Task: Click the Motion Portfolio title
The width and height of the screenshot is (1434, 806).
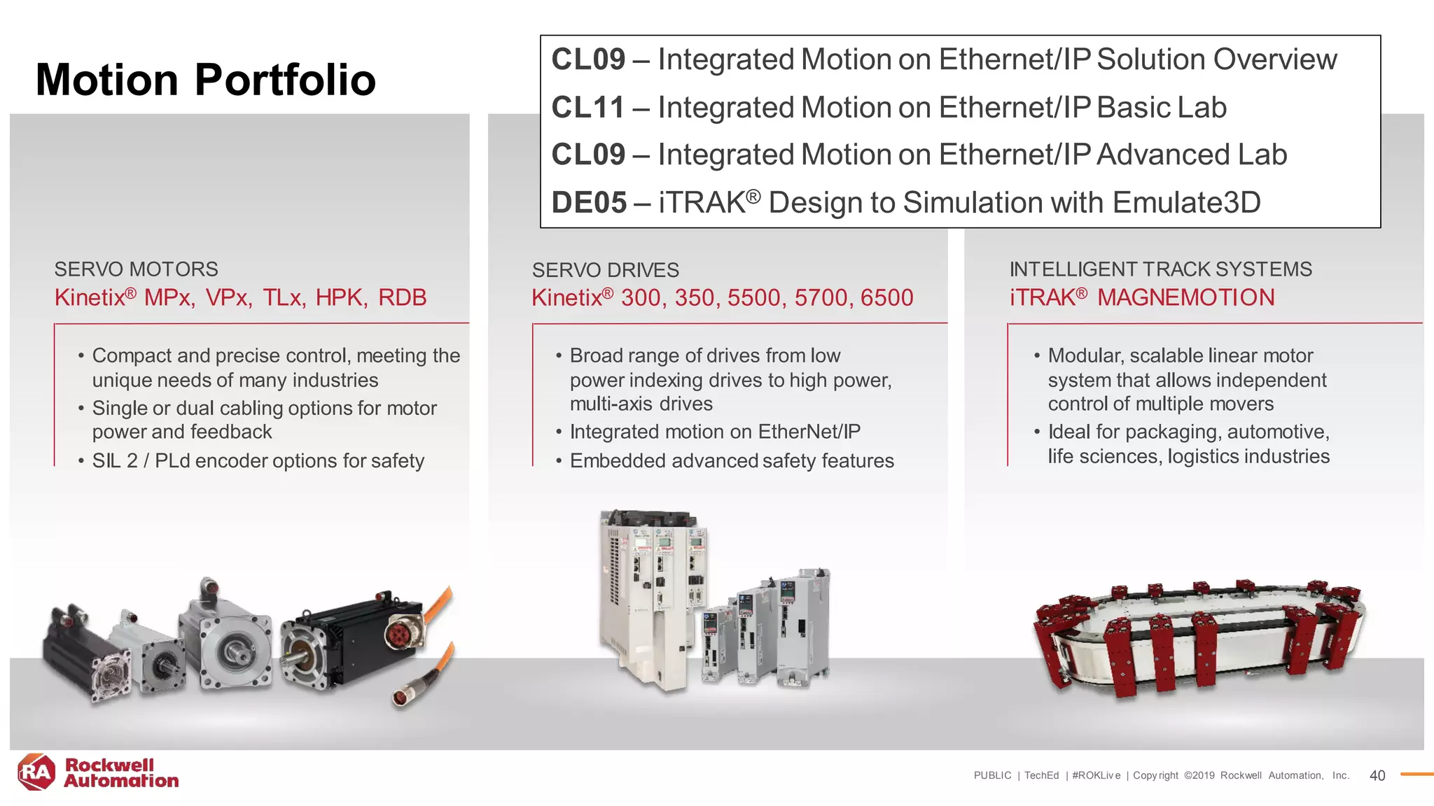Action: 206,80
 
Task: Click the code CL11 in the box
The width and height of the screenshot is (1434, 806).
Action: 587,108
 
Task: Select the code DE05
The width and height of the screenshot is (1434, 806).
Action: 589,203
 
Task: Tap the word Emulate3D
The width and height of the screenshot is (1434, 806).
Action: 1186,203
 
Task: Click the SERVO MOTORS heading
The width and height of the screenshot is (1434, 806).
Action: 136,269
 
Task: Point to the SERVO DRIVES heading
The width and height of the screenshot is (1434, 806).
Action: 605,270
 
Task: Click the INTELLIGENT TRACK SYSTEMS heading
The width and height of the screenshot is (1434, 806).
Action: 1160,269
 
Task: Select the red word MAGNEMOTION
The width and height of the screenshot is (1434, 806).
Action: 1185,297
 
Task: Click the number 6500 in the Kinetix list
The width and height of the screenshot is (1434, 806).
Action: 886,298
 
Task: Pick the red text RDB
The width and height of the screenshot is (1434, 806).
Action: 402,297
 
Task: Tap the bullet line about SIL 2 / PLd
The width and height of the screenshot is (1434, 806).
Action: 258,461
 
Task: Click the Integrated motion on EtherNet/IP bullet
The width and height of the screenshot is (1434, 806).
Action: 714,432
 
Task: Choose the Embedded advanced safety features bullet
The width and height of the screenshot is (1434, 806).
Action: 731,461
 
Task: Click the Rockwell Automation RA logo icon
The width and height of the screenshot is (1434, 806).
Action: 36,772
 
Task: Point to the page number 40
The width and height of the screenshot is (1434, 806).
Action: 1377,775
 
